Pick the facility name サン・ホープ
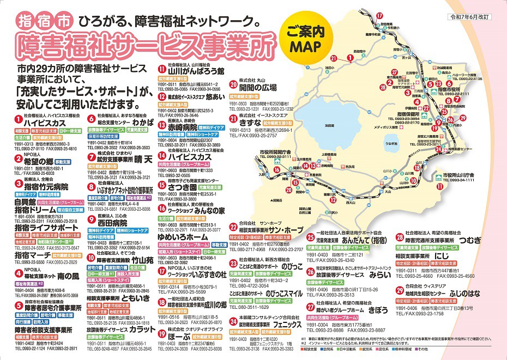pos(281,230)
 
